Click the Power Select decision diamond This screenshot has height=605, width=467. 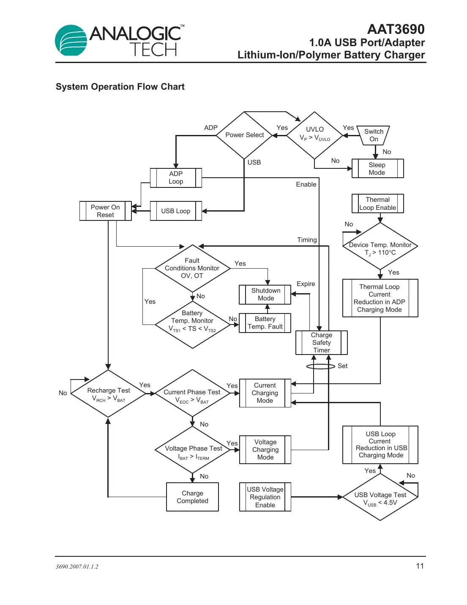click(244, 135)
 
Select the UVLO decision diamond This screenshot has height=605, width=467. click(314, 135)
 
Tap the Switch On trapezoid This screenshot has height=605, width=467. click(373, 135)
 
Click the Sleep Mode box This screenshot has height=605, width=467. click(377, 168)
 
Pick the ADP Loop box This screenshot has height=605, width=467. click(176, 178)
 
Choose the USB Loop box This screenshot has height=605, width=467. click(176, 211)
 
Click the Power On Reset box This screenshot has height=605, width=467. click(105, 211)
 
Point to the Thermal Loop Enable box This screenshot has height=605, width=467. click(377, 203)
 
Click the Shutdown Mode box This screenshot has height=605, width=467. click(265, 294)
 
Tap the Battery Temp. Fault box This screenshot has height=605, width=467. click(265, 323)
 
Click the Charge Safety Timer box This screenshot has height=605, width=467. click(321, 342)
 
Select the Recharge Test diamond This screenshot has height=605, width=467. click(109, 393)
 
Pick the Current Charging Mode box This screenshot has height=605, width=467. click(265, 393)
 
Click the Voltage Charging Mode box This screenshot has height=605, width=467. click(265, 449)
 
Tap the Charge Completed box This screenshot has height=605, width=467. click(192, 497)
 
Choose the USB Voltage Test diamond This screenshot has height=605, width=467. click(380, 498)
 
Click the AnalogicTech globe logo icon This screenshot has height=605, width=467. click(71, 41)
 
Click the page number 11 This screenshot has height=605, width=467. click(420, 566)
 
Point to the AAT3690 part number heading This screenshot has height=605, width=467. click(396, 29)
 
